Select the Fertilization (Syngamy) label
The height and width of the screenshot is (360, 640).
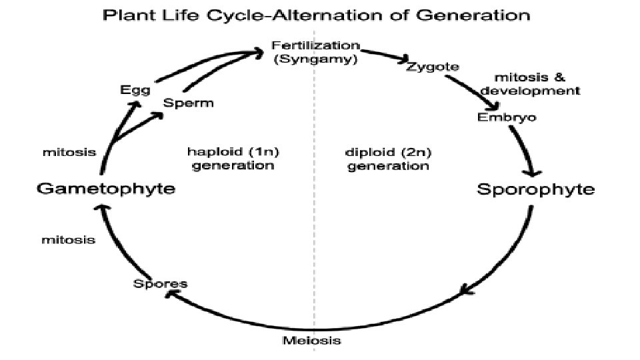click(x=315, y=53)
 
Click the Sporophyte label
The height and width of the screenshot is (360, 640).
click(x=536, y=189)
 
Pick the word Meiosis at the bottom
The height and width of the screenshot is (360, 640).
click(x=312, y=341)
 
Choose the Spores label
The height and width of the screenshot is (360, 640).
click(x=160, y=283)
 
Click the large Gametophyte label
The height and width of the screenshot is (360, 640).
click(x=105, y=189)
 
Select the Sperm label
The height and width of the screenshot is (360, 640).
click(x=189, y=103)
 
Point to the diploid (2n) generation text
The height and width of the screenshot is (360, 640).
click(x=388, y=158)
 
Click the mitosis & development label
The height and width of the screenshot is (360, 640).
click(x=531, y=83)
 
